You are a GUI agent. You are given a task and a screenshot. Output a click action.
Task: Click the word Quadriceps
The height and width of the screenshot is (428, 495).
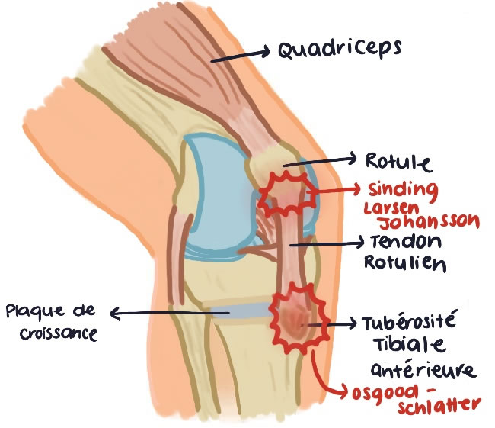coord(340,51)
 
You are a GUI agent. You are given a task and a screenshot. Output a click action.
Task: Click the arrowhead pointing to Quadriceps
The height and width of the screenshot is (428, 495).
coord(267,51)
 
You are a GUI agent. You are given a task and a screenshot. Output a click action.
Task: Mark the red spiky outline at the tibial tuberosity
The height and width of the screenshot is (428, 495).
coord(299,319)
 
